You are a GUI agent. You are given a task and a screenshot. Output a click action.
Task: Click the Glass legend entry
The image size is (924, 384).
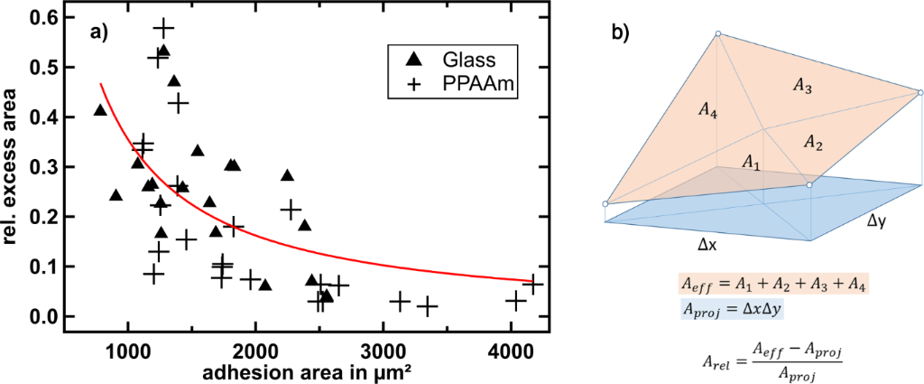442,60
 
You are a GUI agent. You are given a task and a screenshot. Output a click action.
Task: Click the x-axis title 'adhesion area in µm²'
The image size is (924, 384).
311,370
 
